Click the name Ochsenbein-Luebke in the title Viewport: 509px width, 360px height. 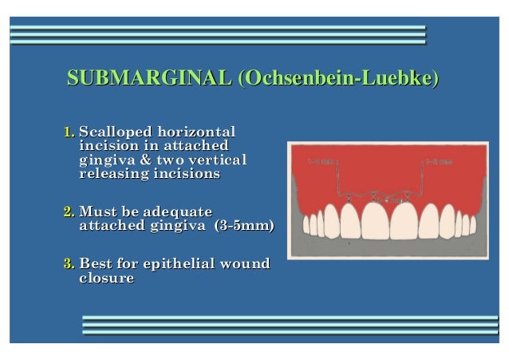pos(338,79)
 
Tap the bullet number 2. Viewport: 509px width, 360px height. pos(69,213)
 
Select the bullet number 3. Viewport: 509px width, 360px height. pos(69,264)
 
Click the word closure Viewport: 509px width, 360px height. pos(106,279)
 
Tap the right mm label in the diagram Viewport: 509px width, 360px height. pos(440,161)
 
